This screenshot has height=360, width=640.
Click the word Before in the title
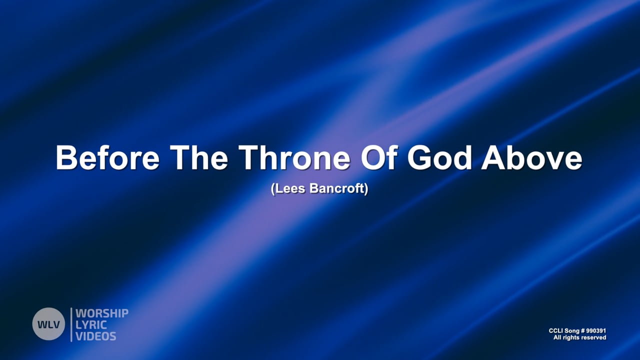107,157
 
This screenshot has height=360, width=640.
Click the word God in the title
439,157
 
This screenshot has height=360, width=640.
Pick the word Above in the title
531,157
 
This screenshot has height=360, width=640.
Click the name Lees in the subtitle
287,190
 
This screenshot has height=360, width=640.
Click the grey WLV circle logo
48,324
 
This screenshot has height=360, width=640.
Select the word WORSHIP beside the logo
102,313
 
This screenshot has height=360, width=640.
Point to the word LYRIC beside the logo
91,324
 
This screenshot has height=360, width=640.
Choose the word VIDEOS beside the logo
96,335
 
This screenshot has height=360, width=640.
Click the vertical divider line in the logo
71,324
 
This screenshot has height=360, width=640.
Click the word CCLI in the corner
556,331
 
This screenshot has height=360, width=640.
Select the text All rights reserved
579,338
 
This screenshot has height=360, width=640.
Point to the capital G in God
419,157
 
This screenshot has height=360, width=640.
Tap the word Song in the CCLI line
572,331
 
